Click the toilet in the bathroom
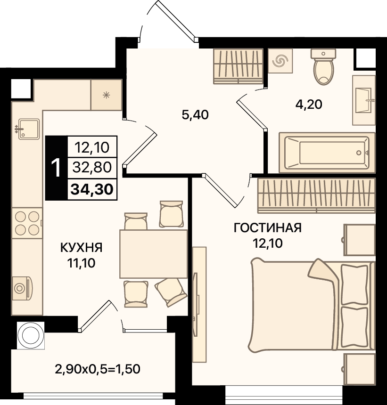pyautogui.click(x=323, y=67)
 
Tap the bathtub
pyautogui.click(x=327, y=153)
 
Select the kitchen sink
pyautogui.click(x=28, y=129)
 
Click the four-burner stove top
pyautogui.click(x=27, y=223)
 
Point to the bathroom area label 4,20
pyautogui.click(x=309, y=105)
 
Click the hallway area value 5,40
pyautogui.click(x=195, y=115)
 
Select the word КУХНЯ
pyautogui.click(x=82, y=247)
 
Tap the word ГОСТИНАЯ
pyautogui.click(x=268, y=228)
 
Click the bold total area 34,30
pyautogui.click(x=92, y=189)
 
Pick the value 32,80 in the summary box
pyautogui.click(x=92, y=167)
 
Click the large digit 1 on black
pyautogui.click(x=56, y=168)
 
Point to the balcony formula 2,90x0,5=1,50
pyautogui.click(x=98, y=369)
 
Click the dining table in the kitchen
pyautogui.click(x=154, y=254)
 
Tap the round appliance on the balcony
pyautogui.click(x=31, y=335)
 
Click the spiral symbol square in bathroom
pyautogui.click(x=280, y=60)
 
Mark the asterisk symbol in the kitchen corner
pyautogui.click(x=106, y=95)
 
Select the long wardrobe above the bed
pyautogui.click(x=316, y=195)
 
